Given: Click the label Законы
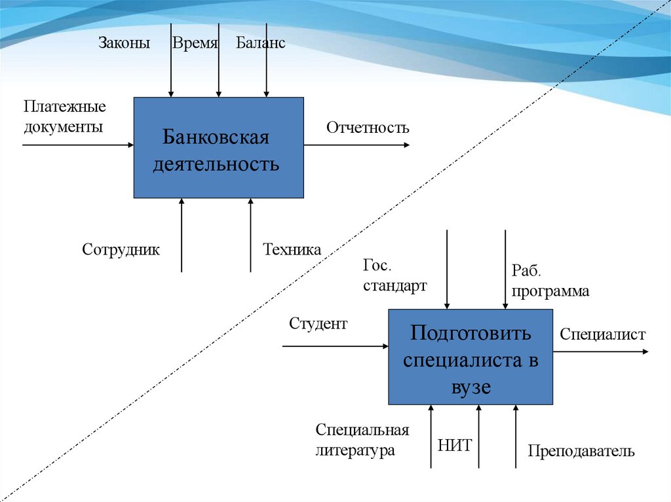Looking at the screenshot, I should click(x=125, y=44).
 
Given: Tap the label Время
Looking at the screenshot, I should click(x=195, y=44).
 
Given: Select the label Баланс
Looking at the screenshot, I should click(x=261, y=44).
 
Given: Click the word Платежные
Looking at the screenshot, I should click(x=65, y=106).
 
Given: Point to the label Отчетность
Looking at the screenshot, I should click(x=368, y=128).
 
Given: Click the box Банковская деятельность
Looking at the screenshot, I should click(x=218, y=148).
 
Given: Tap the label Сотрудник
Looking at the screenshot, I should click(x=121, y=249).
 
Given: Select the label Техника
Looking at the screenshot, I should click(x=292, y=249).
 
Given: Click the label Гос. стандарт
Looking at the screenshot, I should click(x=394, y=276).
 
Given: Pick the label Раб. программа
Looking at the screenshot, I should click(x=550, y=282).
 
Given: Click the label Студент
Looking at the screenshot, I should click(x=318, y=323).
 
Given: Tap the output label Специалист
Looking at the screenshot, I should click(x=602, y=334).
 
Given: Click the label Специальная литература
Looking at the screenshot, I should click(x=362, y=440).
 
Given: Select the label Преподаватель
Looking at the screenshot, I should click(x=581, y=451).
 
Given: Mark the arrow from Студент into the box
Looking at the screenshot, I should click(x=334, y=346).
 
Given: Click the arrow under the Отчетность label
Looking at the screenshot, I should click(x=357, y=145).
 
